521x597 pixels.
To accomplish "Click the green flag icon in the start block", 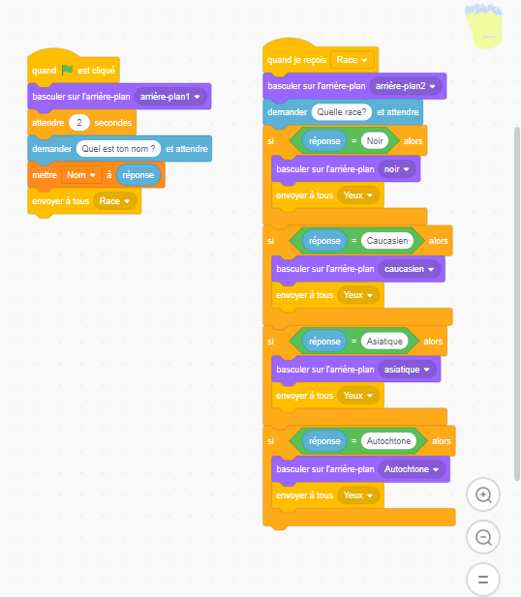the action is click(68, 70).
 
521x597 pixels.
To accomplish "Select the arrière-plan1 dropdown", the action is click(170, 97).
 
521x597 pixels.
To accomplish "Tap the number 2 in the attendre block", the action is click(79, 123).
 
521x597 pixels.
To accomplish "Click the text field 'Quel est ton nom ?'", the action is click(118, 149).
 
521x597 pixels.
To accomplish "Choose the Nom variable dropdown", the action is click(81, 175).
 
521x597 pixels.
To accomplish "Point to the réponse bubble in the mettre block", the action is click(138, 175).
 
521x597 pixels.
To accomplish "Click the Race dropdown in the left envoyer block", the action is click(114, 201).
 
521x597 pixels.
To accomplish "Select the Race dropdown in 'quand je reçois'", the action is click(352, 60).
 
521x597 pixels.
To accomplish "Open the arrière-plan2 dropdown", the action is click(406, 86).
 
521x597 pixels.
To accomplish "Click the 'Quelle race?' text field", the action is click(342, 112).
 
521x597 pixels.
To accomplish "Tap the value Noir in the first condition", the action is click(375, 141).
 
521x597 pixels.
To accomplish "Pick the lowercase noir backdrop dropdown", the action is click(397, 169).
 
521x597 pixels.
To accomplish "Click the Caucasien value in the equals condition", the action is click(387, 241).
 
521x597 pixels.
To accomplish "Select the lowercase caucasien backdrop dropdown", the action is click(410, 269).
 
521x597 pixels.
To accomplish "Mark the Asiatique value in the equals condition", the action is click(384, 342).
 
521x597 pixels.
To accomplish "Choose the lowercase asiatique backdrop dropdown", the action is click(407, 370).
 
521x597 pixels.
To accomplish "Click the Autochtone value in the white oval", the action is click(388, 441).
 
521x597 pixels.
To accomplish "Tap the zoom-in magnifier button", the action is click(483, 495).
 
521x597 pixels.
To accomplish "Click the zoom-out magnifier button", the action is click(483, 537).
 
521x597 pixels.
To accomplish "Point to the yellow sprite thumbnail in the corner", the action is click(483, 26).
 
